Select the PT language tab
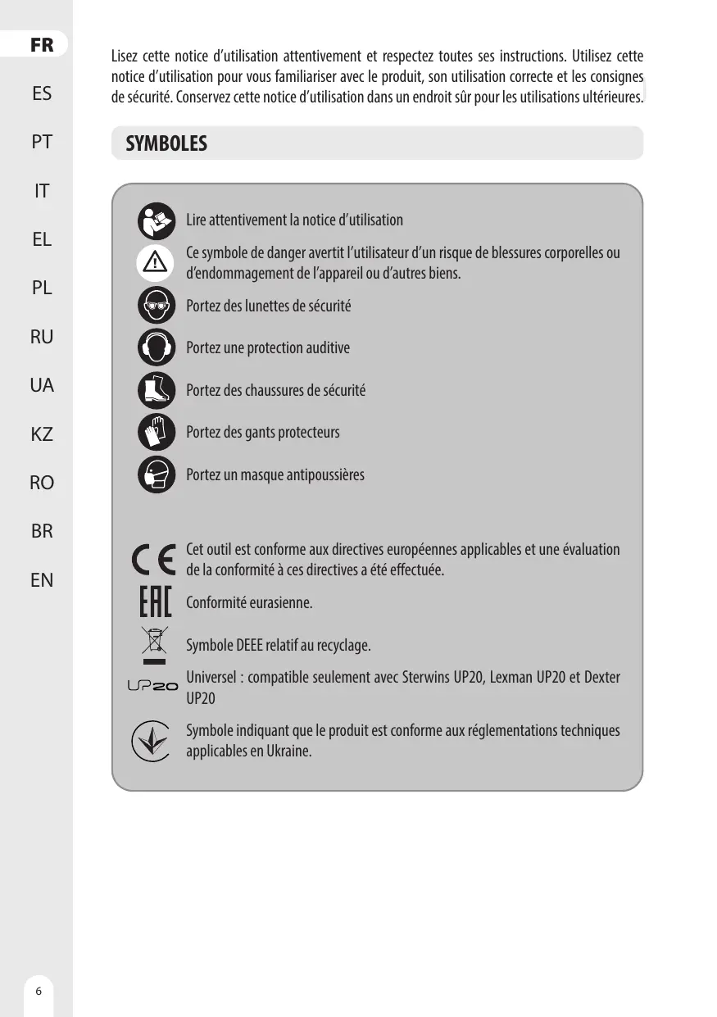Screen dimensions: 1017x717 pyautogui.click(x=42, y=143)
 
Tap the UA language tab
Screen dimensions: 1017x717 pyautogui.click(x=42, y=385)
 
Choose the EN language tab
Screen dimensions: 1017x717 pyautogui.click(x=42, y=580)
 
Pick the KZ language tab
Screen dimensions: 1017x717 pyautogui.click(x=42, y=434)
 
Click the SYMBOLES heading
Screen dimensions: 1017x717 pyautogui.click(x=166, y=144)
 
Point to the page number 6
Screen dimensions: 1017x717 pyautogui.click(x=38, y=990)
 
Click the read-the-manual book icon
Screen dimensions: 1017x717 pyautogui.click(x=157, y=220)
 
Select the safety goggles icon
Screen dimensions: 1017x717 pyautogui.click(x=157, y=306)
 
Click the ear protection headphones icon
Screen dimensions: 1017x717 pyautogui.click(x=157, y=348)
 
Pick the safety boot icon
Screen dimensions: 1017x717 pyautogui.click(x=157, y=391)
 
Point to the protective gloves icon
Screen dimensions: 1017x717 pyautogui.click(x=157, y=433)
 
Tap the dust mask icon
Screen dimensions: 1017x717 pyautogui.click(x=157, y=475)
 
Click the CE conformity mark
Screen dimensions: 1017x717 pyautogui.click(x=153, y=560)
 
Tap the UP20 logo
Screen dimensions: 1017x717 pyautogui.click(x=152, y=687)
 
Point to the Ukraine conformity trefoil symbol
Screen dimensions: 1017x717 pyautogui.click(x=152, y=741)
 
